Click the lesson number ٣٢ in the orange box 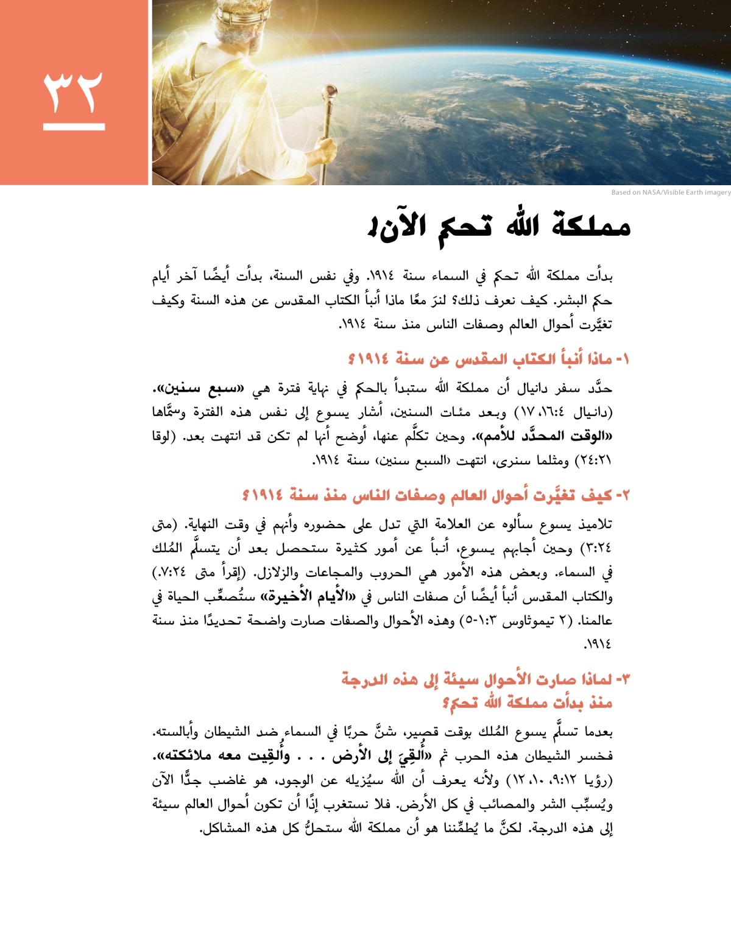(x=73, y=93)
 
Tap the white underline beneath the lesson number (x=74, y=127)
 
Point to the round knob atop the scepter (x=331, y=93)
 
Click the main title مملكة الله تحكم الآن (x=498, y=227)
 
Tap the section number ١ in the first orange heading (x=624, y=359)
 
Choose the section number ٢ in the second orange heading (x=624, y=496)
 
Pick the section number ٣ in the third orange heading (x=624, y=679)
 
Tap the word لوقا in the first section (x=163, y=437)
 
